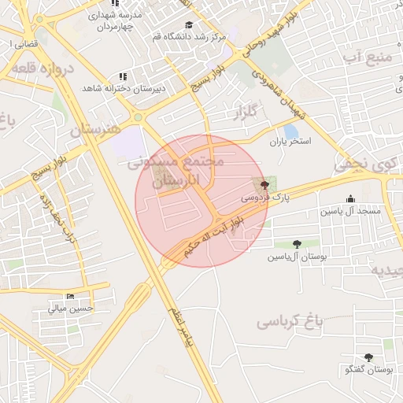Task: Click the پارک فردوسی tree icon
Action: pos(264,186)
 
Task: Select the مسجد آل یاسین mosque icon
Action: pos(350,199)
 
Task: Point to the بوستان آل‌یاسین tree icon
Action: pos(296,244)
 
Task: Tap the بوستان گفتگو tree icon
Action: pos(368,357)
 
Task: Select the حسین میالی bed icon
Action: pos(71,297)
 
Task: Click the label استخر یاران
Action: pos(291,142)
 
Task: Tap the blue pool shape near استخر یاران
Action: pos(291,130)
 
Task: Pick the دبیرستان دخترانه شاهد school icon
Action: pos(123,76)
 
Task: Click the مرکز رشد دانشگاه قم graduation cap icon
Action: pos(188,24)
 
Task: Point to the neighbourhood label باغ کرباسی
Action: pos(290,322)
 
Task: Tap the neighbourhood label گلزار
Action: pos(246,115)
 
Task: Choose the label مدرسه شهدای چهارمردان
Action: pos(120,21)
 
